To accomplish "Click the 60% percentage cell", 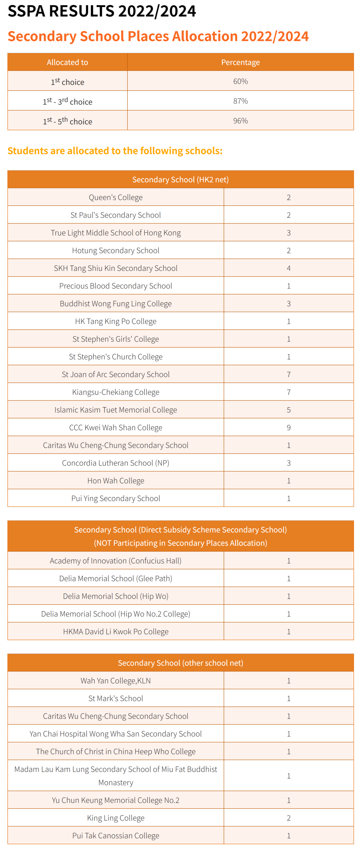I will click(240, 81).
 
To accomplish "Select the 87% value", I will click(240, 101).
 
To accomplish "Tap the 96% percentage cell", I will click(240, 121).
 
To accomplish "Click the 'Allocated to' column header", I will click(67, 62).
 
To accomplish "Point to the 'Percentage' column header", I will click(240, 62).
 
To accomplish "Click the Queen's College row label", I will click(116, 197).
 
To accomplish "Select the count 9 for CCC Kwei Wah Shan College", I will click(288, 427).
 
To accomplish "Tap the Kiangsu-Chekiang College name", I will click(116, 392).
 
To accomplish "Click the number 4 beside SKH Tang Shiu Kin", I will click(288, 268).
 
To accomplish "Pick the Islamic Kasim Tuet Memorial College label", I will click(116, 410).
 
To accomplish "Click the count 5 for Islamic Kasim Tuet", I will click(288, 410).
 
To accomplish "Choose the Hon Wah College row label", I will click(116, 480).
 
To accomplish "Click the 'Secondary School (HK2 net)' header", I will click(180, 180).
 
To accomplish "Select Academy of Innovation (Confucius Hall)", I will click(116, 560).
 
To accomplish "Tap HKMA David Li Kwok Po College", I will click(116, 631).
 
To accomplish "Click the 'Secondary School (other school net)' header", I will click(180, 663).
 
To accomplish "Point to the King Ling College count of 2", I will click(288, 817).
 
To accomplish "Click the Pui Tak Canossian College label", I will click(116, 835).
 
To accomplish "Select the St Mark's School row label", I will click(116, 698).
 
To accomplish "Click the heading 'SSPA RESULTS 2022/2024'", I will click(102, 11).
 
